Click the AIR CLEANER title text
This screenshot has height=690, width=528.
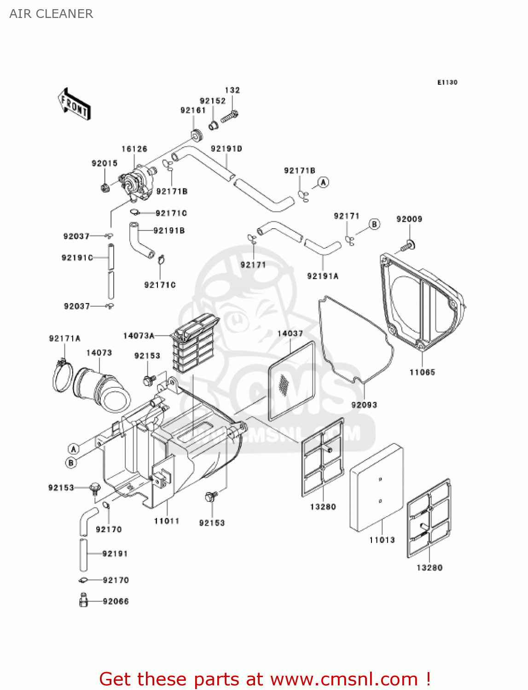pyautogui.click(x=51, y=14)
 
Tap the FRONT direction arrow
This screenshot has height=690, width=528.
pyautogui.click(x=74, y=104)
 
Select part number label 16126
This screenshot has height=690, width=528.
pyautogui.click(x=134, y=149)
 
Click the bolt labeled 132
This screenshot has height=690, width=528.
pyautogui.click(x=229, y=117)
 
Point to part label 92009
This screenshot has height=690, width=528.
pyautogui.click(x=409, y=219)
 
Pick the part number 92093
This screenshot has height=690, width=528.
pyautogui.click(x=364, y=405)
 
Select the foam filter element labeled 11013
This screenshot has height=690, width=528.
pyautogui.click(x=377, y=488)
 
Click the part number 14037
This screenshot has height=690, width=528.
pyautogui.click(x=290, y=333)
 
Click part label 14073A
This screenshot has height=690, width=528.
pyautogui.click(x=139, y=336)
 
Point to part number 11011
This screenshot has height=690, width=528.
pyautogui.click(x=166, y=521)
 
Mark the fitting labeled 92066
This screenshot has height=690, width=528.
pyautogui.click(x=83, y=600)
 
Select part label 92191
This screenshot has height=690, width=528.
pyautogui.click(x=115, y=553)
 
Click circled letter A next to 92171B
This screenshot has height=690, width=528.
pyautogui.click(x=324, y=182)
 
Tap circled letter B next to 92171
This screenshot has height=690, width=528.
pyautogui.click(x=375, y=224)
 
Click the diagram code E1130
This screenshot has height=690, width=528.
pyautogui.click(x=447, y=82)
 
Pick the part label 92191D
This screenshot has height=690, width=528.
pyautogui.click(x=226, y=149)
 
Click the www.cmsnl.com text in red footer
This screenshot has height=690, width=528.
pyautogui.click(x=344, y=679)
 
